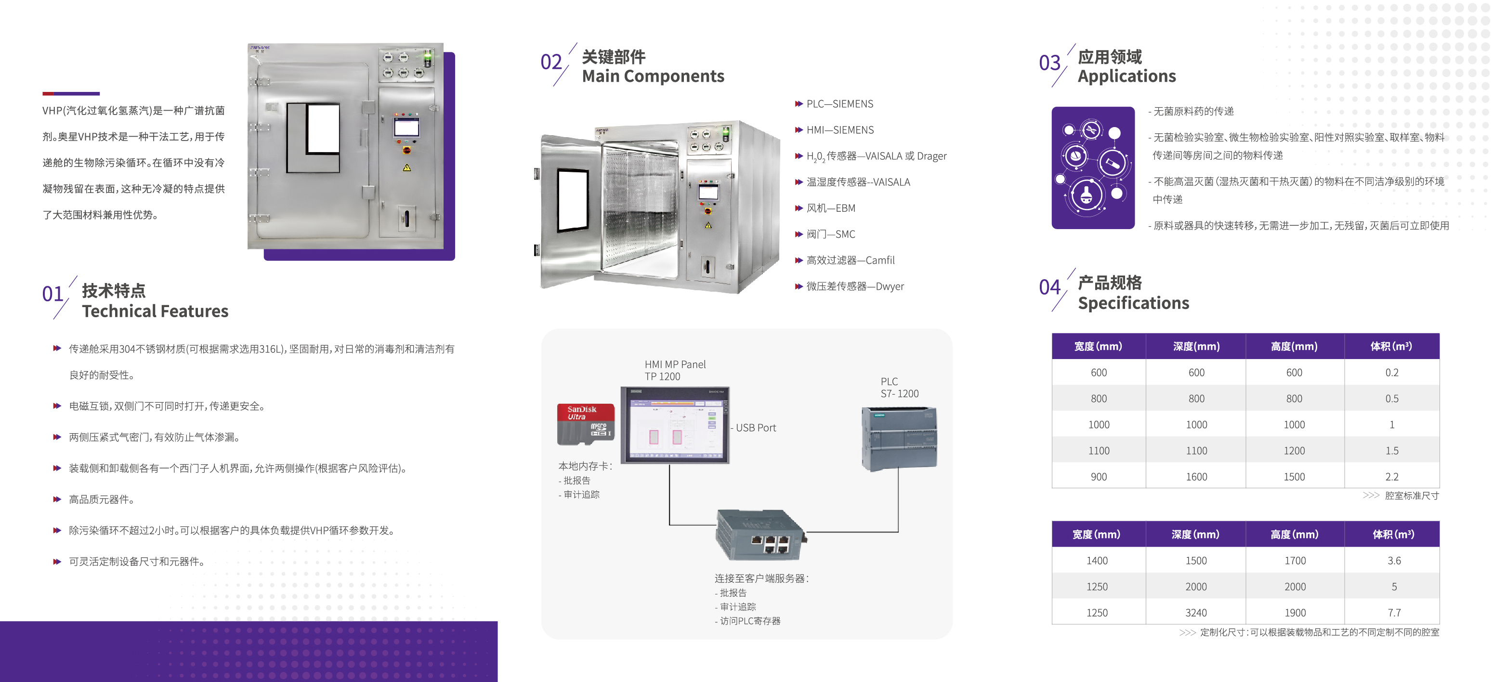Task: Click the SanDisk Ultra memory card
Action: [585, 424]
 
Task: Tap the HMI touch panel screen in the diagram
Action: [675, 426]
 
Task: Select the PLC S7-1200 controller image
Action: [898, 438]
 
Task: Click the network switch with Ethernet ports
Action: [760, 535]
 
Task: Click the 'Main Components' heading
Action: [653, 77]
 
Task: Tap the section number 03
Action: [1049, 63]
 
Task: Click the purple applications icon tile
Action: [1092, 167]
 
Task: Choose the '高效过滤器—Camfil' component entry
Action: [850, 261]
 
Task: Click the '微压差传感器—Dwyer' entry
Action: [854, 287]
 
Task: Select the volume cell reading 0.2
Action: [1391, 373]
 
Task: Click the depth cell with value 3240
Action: [1196, 613]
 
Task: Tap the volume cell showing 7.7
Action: [1393, 613]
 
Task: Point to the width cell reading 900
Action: [1098, 477]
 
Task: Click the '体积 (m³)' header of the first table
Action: [1391, 347]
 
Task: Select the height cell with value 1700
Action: [1295, 561]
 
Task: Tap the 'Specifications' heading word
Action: [1133, 303]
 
